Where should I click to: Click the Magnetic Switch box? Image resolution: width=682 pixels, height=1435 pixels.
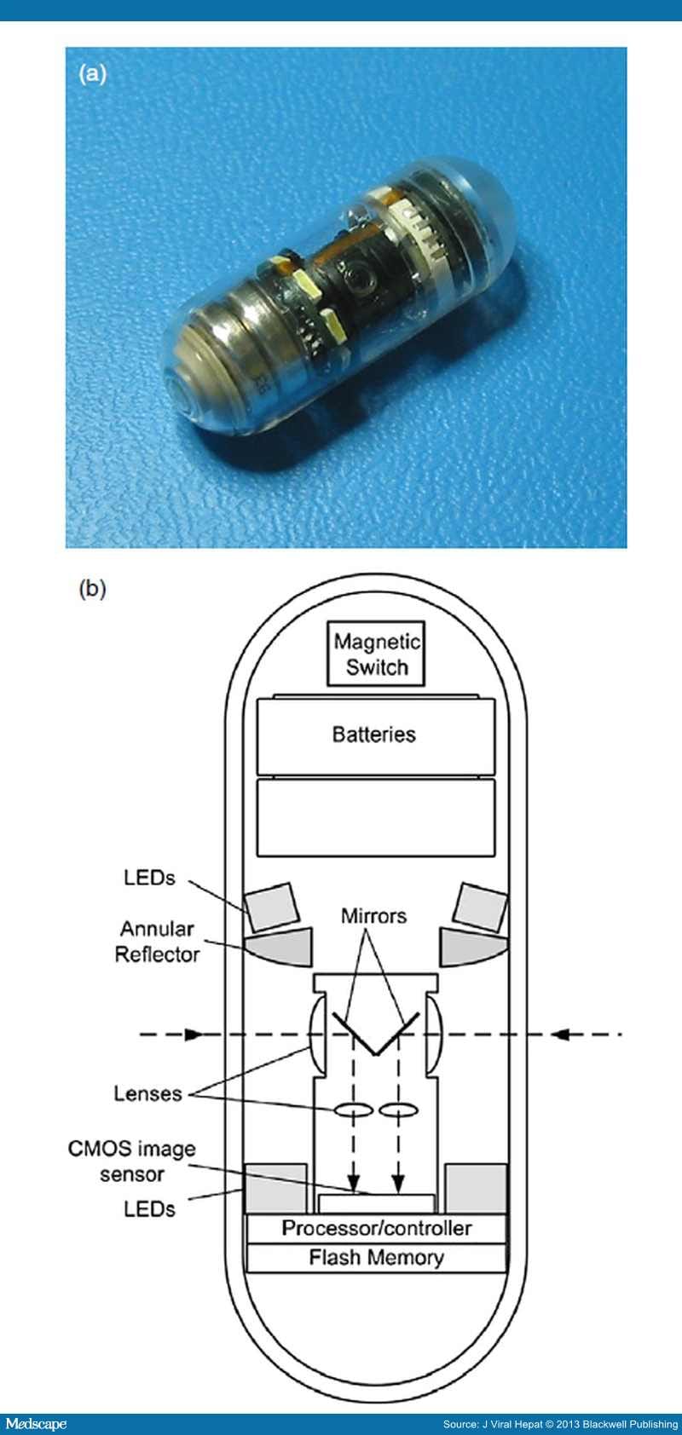pos(376,654)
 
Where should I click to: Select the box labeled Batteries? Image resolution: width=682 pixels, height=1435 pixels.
pos(375,735)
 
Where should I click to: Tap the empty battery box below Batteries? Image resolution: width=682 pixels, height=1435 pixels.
pos(375,817)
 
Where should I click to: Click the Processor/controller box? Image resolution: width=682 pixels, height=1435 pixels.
pos(376,1228)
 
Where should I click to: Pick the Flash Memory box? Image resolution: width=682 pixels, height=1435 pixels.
pos(376,1258)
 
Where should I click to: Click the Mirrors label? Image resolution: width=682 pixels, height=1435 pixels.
pos(373,916)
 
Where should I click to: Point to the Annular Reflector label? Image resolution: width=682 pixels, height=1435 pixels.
pos(157,942)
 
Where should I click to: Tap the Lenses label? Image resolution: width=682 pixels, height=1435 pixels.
pos(147,1093)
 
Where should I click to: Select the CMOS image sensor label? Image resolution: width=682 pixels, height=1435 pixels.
pos(131,1161)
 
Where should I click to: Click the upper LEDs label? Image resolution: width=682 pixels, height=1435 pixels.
pos(149,878)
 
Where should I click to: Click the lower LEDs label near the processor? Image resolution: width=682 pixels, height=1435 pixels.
pos(149,1208)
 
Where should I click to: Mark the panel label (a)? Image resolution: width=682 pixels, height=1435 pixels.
pos(92,73)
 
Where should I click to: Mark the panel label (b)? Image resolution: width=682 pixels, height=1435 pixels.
pos(92,589)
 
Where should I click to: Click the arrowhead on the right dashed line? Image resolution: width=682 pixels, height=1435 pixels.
pos(560,1034)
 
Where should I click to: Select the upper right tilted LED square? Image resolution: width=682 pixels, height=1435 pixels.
pos(480,908)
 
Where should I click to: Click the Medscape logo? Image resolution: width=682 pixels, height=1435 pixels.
pos(35,1423)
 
